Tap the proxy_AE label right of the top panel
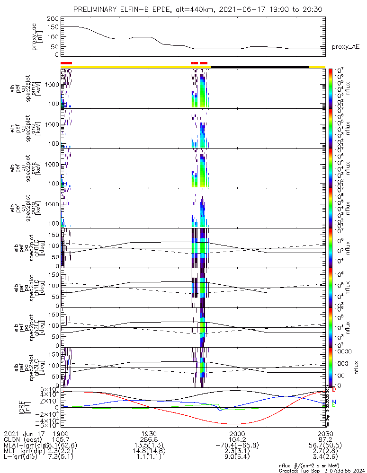[346, 46]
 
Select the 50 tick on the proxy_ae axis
[54, 46]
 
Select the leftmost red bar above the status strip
[66, 63]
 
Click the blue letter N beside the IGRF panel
[334, 402]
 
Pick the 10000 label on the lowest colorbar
[342, 351]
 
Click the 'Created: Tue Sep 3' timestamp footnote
[322, 470]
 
